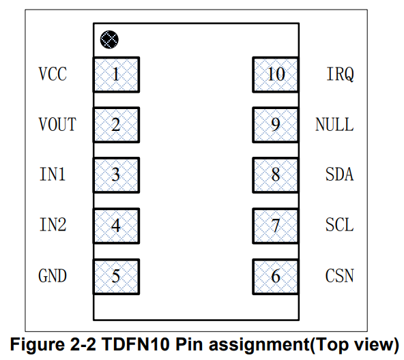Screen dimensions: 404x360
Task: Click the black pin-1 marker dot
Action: (109, 40)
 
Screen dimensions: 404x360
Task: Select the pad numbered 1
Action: (116, 75)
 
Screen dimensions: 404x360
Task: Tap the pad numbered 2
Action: (116, 125)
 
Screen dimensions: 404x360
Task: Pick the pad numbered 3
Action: (116, 175)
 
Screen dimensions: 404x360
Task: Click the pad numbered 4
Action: (116, 226)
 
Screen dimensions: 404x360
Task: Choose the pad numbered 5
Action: (116, 277)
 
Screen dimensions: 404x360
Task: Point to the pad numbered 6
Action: (276, 277)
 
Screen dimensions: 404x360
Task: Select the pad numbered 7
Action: (276, 226)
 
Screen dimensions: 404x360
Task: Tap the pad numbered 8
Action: (276, 175)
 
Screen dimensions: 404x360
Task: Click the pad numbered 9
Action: (276, 125)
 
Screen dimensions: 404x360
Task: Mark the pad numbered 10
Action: (276, 75)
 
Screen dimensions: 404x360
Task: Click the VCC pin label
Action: (53, 74)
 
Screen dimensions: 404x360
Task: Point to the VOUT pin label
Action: (57, 124)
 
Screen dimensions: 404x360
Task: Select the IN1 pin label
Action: (53, 174)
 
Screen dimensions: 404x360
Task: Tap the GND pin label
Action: (53, 275)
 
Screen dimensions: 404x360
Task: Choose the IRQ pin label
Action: (341, 74)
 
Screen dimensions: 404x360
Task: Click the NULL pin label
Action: (334, 124)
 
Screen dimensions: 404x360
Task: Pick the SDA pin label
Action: (340, 174)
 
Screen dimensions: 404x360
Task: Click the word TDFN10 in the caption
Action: (136, 344)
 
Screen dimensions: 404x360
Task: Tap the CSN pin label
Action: (340, 275)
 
